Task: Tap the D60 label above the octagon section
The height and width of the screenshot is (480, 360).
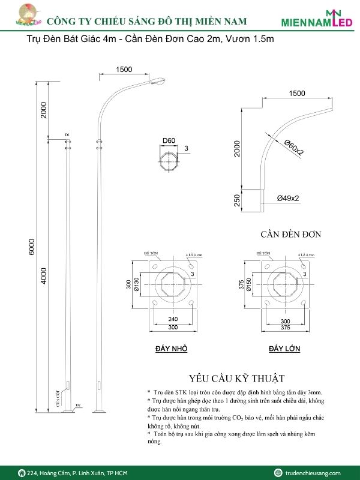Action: coord(169,141)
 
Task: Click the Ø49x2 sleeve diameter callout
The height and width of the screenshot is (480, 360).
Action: coord(289,198)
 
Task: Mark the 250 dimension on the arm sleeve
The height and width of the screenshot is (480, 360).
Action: coord(237,199)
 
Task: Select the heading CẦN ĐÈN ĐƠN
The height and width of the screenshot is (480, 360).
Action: coord(290,234)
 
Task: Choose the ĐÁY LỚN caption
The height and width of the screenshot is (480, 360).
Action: coord(285,349)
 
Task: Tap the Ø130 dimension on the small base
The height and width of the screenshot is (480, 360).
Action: coord(137,284)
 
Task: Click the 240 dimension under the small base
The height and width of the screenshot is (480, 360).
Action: coord(172,320)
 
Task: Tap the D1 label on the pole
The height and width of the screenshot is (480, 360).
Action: coord(68,134)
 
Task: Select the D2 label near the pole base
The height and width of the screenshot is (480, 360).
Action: coord(78,406)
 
